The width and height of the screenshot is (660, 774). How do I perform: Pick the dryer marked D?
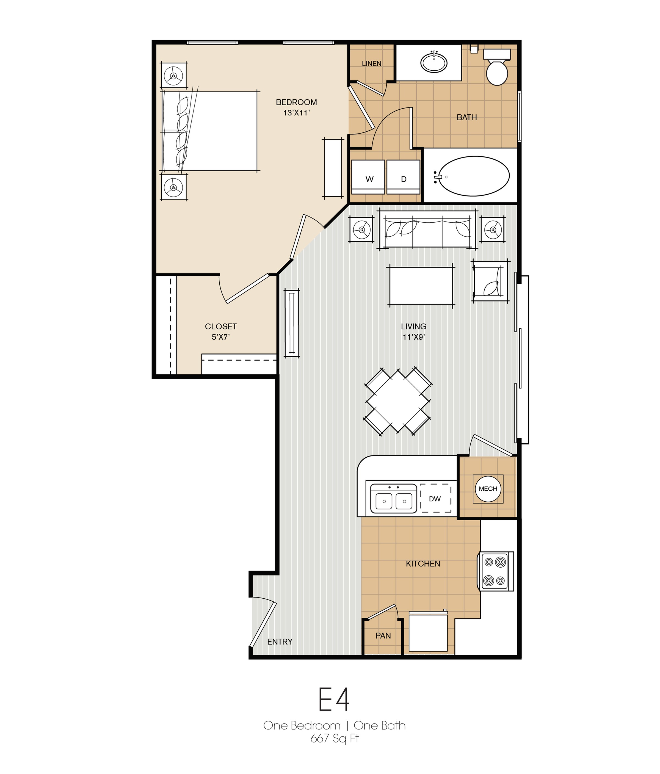[404, 177]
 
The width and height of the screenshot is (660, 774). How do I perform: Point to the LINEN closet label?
[371, 63]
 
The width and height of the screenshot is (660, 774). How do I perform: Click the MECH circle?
[488, 489]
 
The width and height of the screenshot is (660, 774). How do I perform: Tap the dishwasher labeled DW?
[435, 499]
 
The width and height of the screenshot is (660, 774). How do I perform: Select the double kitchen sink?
[393, 499]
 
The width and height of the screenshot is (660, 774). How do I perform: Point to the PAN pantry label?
[383, 635]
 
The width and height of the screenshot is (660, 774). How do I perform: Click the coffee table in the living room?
[421, 285]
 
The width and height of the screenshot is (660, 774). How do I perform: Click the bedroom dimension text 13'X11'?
[296, 113]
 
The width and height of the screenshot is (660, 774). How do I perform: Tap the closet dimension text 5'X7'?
[220, 337]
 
